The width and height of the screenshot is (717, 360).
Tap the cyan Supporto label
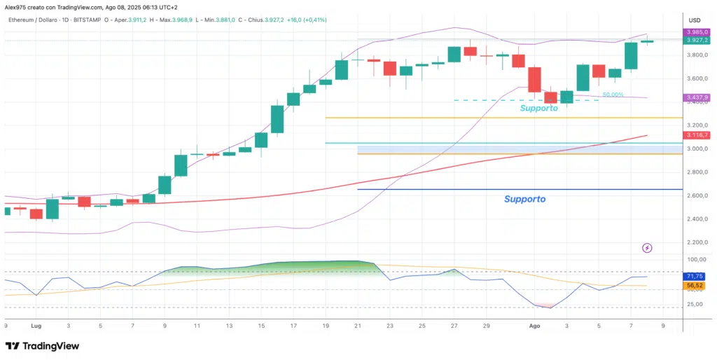click(538, 109)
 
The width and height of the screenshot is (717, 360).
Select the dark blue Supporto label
click(524, 199)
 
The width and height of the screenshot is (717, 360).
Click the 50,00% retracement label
click(613, 95)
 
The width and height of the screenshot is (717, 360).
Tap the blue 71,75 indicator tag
click(695, 277)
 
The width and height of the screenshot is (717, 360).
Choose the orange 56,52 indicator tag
click(695, 286)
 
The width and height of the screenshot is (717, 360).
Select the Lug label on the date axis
click(36, 326)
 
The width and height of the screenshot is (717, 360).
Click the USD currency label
click(695, 20)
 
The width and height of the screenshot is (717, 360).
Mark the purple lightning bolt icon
click(647, 248)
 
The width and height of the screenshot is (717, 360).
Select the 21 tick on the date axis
click(358, 326)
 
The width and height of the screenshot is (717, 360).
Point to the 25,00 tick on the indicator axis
click(698, 304)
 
